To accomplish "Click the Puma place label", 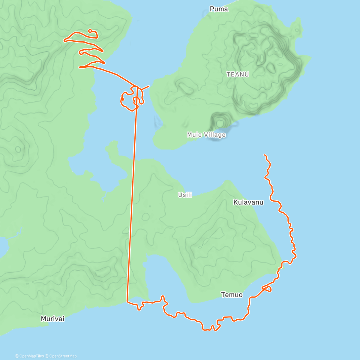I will click(219, 9).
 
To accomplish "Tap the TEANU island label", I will click(238, 74).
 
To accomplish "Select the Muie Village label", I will click(206, 135).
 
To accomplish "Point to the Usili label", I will click(185, 195).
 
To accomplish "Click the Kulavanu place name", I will click(248, 202).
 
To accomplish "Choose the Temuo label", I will click(232, 295).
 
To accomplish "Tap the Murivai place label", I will click(52, 319).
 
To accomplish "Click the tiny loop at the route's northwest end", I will click(90, 31).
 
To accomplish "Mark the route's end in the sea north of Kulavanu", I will click(264, 155).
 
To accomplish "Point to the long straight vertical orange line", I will click(132, 195).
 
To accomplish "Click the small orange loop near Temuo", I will click(267, 289).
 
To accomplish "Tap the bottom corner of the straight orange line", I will click(127, 301).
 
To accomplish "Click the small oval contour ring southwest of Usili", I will click(146, 216).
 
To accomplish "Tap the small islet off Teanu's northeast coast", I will click(297, 30).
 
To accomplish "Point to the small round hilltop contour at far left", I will click(18, 149).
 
